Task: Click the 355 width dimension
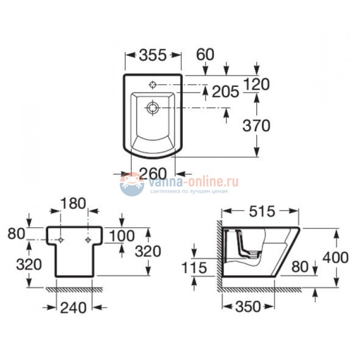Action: pos(152,55)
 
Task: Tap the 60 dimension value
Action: pos(205,54)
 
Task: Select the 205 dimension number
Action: pos(225,91)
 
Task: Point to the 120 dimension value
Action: pos(256,84)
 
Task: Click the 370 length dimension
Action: pos(256,126)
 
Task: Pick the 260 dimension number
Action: pos(153,173)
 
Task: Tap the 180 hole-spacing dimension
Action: pos(73,203)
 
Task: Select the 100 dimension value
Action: pos(122,236)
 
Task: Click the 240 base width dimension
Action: pos(73,307)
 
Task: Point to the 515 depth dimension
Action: pos(262,211)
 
